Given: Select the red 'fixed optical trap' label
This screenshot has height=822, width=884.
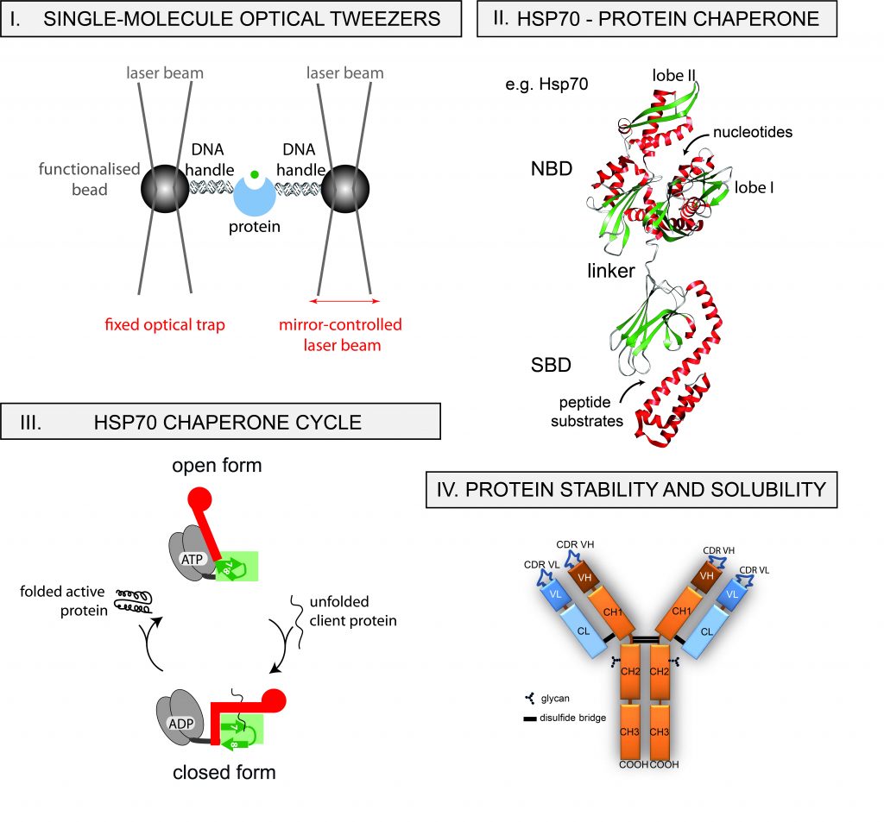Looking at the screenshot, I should (x=164, y=326).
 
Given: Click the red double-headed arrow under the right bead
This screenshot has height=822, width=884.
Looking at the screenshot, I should (x=345, y=302).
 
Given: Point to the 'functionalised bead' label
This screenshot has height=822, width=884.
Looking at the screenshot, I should (x=89, y=179).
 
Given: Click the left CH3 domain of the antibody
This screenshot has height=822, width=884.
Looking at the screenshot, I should (x=633, y=731).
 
